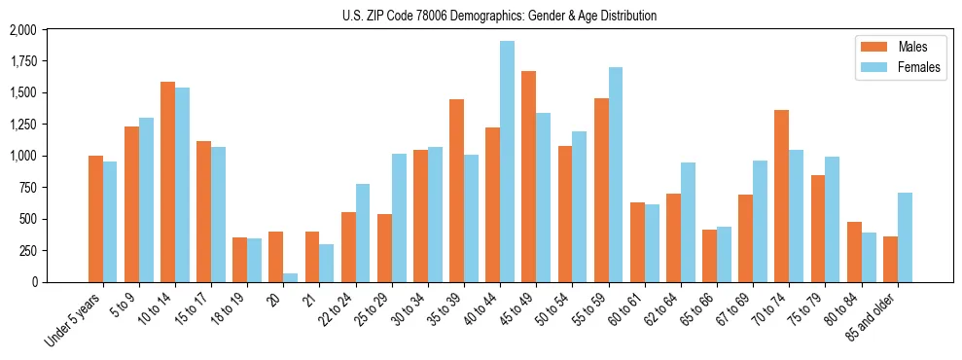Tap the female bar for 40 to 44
click(x=507, y=162)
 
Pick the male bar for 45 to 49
click(x=528, y=176)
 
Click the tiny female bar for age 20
click(x=290, y=277)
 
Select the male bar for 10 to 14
click(x=167, y=182)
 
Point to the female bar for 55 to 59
click(x=615, y=174)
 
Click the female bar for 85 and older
click(x=904, y=237)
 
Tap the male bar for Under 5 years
click(x=95, y=219)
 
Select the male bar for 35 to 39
click(x=456, y=191)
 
